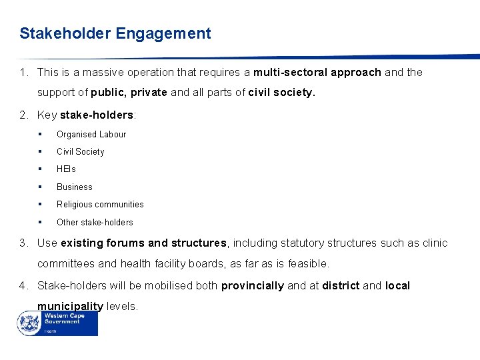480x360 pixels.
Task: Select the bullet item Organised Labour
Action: pos(91,134)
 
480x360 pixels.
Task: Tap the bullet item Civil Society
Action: pos(81,151)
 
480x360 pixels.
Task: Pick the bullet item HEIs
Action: pos(66,169)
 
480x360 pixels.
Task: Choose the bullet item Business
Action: pos(75,187)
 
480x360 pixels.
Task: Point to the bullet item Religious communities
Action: pos(100,205)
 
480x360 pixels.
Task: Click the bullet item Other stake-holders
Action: pos(95,222)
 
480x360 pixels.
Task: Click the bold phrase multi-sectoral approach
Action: pos(317,72)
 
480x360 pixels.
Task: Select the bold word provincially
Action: pos(253,285)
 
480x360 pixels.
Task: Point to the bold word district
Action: pos(341,285)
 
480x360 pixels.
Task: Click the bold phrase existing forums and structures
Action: pos(144,243)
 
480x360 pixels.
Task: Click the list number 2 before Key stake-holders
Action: pos(23,115)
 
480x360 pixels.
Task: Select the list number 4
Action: pos(23,285)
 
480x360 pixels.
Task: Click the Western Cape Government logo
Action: pos(58,323)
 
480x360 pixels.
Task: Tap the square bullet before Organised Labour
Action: pos(41,134)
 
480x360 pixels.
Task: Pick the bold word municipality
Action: pos(70,306)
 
